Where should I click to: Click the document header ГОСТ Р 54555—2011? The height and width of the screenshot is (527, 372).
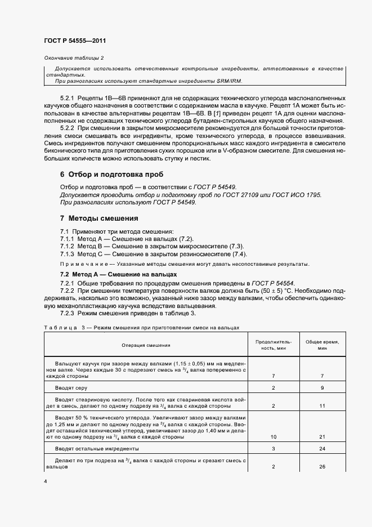point(74,41)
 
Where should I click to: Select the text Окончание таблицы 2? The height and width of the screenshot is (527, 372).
point(73,58)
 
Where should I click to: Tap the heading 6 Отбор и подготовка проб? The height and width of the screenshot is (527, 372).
point(104,175)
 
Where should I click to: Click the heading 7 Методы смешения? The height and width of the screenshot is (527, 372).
point(98,218)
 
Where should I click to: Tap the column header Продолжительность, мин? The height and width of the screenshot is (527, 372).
point(273,345)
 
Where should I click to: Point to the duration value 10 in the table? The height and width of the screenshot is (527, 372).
point(273,437)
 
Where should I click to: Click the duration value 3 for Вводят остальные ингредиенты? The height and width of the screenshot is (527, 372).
point(273,449)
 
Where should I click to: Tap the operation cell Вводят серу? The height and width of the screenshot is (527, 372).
point(70,388)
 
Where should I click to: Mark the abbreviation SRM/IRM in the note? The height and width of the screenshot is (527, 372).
point(228,81)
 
